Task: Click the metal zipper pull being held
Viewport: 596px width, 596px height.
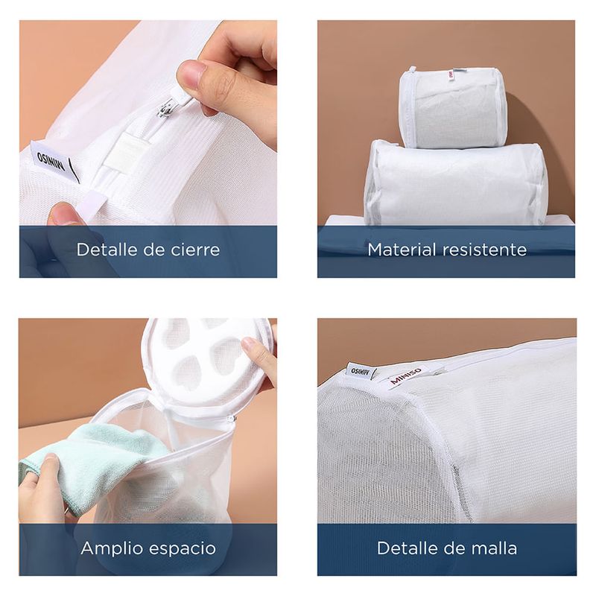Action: click(x=166, y=107)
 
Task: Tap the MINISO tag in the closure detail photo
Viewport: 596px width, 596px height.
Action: click(x=55, y=162)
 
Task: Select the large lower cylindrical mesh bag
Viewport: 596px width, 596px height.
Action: click(x=455, y=183)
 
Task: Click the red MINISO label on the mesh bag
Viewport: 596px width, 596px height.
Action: click(x=405, y=375)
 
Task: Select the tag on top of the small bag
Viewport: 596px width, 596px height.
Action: click(x=451, y=74)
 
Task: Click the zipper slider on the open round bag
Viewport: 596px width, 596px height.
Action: click(x=230, y=419)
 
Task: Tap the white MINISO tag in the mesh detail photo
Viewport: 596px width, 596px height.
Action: click(x=361, y=370)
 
